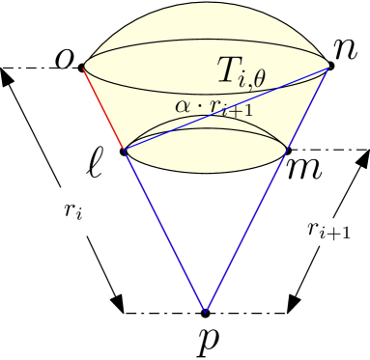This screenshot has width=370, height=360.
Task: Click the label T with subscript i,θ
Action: click(x=240, y=69)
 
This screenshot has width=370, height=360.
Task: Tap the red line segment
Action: click(x=104, y=108)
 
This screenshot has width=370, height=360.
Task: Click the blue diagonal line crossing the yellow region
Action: click(x=227, y=109)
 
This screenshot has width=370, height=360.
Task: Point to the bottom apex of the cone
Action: click(x=205, y=312)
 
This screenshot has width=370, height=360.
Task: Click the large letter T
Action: click(x=229, y=68)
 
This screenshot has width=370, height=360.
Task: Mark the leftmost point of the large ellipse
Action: click(x=84, y=67)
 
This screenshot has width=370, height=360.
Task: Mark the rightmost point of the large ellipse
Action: click(x=328, y=67)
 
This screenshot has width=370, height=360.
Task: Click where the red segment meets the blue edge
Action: click(x=125, y=150)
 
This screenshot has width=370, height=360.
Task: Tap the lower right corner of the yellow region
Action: click(x=287, y=150)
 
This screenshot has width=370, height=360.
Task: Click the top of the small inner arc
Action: click(x=206, y=117)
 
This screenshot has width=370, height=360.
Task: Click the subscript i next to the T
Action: click(x=245, y=77)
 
